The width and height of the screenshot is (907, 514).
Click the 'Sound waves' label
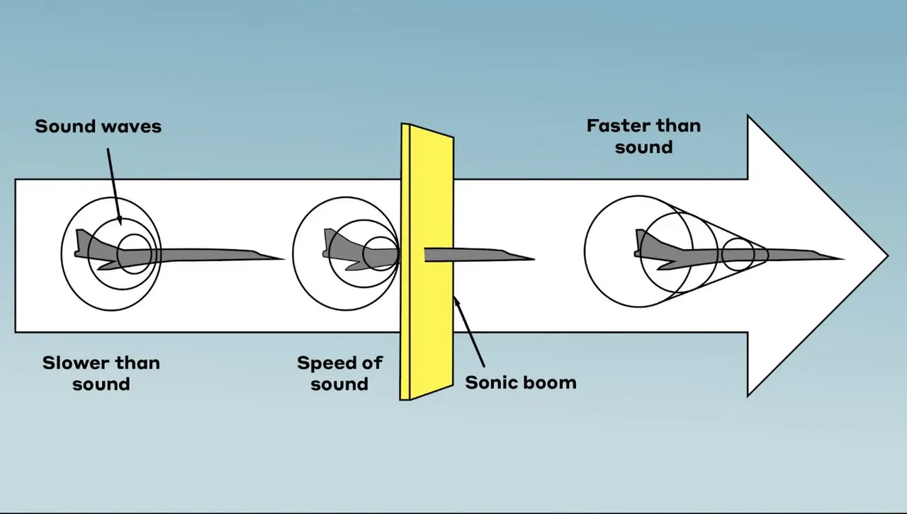coord(98,127)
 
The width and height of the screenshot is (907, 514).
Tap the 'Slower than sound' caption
coord(101,373)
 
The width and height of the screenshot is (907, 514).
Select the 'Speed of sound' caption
coord(339,373)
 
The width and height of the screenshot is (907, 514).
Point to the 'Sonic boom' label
coord(521,383)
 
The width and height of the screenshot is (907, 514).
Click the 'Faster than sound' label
coord(643,136)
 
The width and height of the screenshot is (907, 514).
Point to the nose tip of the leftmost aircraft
coord(283,258)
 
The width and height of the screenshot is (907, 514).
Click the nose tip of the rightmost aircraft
coord(842,258)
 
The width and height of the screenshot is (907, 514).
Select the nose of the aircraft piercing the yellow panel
coord(533,258)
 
